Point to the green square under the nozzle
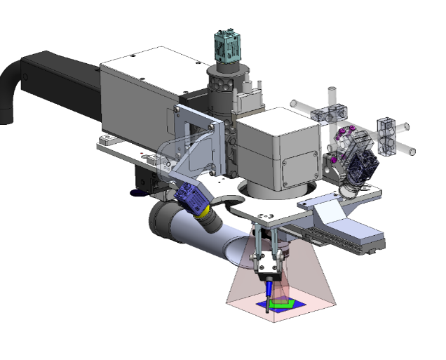(x=282, y=304)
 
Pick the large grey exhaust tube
(x=203, y=242)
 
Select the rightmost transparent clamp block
(x=386, y=133)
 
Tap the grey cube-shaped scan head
(x=281, y=147)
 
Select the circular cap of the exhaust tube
(x=161, y=225)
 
